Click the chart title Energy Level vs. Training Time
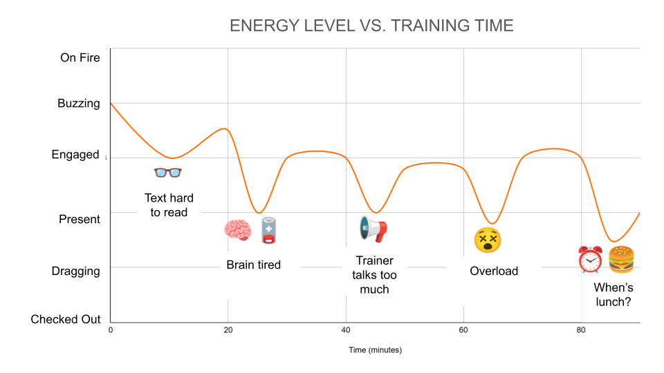coord(371,26)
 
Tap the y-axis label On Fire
coord(80,57)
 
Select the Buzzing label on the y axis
coord(78,104)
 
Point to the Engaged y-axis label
coord(75,155)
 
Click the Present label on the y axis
coord(79,219)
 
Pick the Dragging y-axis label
coord(75,271)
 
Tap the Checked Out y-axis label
coord(66,319)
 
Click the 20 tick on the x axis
coord(228,331)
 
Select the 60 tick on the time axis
coord(463,331)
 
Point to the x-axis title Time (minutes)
coord(374,350)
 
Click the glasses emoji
coord(167,173)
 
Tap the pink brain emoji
coord(237,230)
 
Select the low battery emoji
coord(268,230)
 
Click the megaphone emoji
coord(373,229)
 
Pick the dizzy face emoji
coord(487,240)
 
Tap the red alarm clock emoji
coord(590,260)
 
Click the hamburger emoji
coord(620,260)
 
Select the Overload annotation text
coord(494,271)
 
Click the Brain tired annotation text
coord(253,265)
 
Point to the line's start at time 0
coord(111,104)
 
